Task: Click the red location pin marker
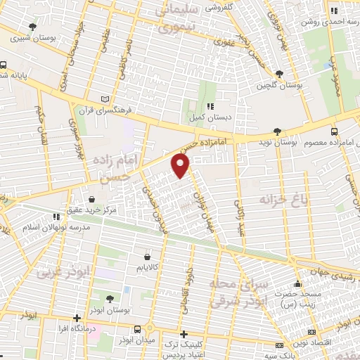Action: [x=181, y=166]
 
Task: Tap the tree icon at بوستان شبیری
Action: [x=33, y=27]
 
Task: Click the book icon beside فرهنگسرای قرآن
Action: [x=106, y=99]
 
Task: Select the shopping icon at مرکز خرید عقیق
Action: [x=94, y=200]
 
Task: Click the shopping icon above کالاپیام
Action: [x=146, y=257]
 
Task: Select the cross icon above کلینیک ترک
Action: [x=184, y=334]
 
